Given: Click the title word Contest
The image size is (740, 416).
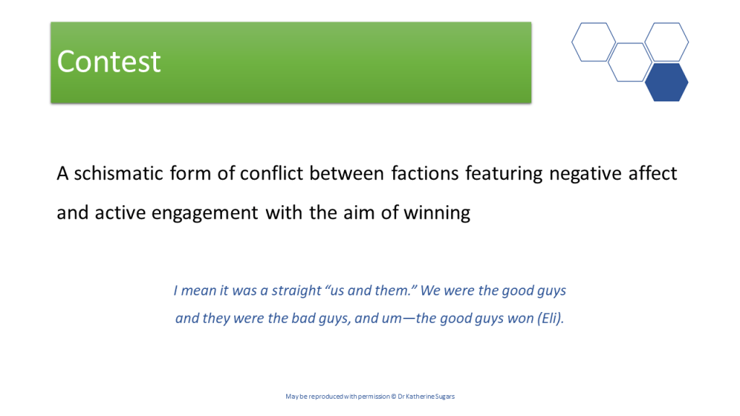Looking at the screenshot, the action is pos(108,62).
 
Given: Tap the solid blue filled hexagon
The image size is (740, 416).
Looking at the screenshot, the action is pos(666,82).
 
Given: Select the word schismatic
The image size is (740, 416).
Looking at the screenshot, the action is pos(119,173).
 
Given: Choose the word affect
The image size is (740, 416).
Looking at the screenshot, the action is pos(653,173).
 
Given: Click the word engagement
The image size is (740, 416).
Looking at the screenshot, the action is pos(205,214).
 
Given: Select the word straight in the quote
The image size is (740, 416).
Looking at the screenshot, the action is pos(296,290).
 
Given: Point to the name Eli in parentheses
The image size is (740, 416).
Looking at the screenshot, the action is pos(549,318).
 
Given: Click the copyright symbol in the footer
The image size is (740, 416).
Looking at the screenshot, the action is pos(394,396).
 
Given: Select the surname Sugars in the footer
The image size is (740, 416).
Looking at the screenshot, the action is pos(444,396).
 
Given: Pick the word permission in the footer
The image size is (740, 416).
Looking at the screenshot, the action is pos(374,396).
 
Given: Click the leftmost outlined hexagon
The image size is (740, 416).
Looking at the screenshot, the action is pos(594,42).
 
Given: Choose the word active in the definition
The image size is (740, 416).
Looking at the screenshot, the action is pos(120,214).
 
